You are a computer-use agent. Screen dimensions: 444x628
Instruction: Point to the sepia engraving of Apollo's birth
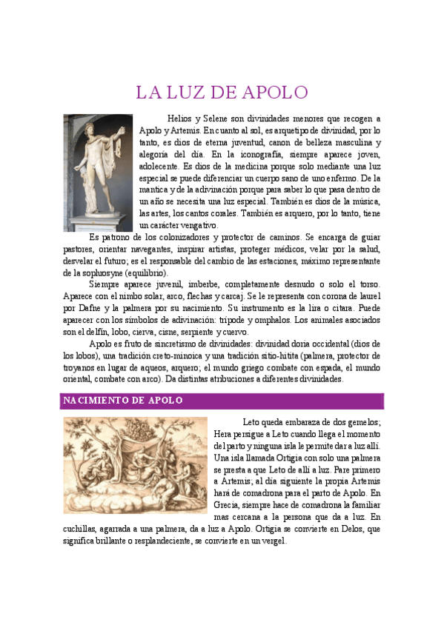click(x=135, y=465)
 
